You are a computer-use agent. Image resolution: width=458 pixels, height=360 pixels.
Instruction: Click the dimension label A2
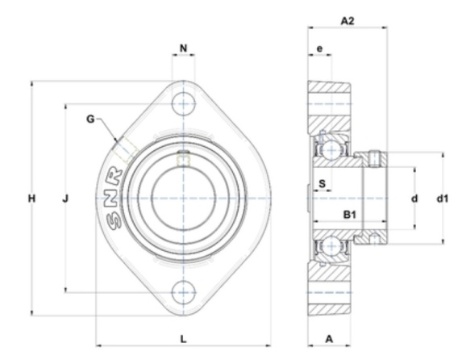click(x=348, y=21)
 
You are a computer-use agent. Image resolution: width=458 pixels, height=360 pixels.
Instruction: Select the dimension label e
click(x=320, y=48)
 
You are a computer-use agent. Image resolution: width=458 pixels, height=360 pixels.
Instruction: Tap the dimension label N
click(x=183, y=48)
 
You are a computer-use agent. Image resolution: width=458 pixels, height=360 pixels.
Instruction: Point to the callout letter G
click(x=90, y=119)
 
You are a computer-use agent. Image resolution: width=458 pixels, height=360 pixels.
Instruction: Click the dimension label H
click(x=31, y=199)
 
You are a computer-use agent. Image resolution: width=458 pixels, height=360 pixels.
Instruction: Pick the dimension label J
click(x=65, y=199)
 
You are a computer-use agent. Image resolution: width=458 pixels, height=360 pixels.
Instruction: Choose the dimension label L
click(x=183, y=339)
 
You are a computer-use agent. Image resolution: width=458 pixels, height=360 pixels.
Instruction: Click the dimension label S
click(x=322, y=184)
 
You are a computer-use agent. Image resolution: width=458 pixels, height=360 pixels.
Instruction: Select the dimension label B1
click(x=349, y=215)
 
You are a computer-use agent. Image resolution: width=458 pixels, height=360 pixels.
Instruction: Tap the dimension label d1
click(x=442, y=199)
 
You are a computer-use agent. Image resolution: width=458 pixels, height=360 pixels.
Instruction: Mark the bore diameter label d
click(x=414, y=199)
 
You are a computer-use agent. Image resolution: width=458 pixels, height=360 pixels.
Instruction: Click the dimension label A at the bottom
click(x=329, y=339)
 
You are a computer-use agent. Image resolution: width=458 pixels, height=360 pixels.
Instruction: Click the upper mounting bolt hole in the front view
click(x=183, y=104)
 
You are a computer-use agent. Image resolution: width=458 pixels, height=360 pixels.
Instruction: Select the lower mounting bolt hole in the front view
click(x=183, y=292)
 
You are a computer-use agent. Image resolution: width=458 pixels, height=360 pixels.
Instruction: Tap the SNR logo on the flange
click(x=114, y=199)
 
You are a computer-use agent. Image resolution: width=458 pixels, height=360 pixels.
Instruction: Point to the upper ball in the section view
click(x=331, y=150)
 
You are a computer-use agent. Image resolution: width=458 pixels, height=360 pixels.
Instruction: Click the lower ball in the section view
click(x=331, y=246)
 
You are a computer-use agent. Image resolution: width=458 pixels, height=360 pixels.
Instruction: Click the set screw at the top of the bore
click(x=183, y=158)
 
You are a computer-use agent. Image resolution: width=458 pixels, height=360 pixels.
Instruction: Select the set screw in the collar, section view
click(x=374, y=159)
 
